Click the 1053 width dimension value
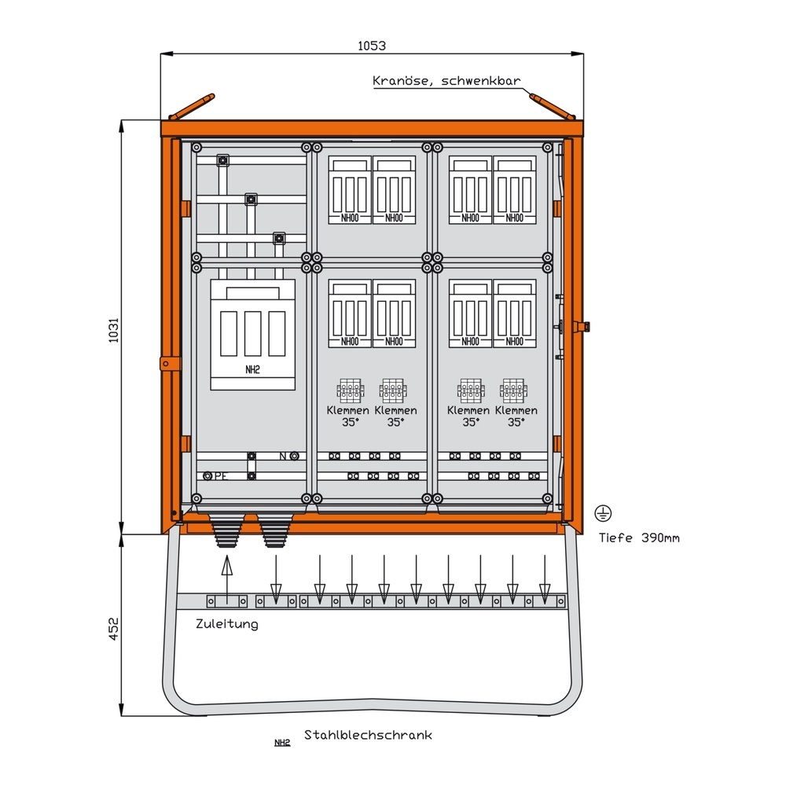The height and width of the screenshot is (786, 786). tap(373, 46)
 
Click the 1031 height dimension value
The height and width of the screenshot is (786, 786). tap(113, 328)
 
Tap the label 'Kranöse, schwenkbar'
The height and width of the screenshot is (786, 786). tap(446, 80)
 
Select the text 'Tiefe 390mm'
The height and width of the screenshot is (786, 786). tap(638, 538)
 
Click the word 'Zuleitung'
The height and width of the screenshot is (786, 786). tap(226, 624)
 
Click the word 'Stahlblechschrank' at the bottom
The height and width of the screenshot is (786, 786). tap(368, 736)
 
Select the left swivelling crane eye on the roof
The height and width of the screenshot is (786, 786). tap(193, 107)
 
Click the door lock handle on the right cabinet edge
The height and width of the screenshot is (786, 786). tap(583, 326)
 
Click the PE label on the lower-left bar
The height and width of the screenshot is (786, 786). tap(222, 476)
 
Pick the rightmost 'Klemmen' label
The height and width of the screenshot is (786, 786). tap(516, 410)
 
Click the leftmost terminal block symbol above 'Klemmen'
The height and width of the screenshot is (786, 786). tap(348, 390)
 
